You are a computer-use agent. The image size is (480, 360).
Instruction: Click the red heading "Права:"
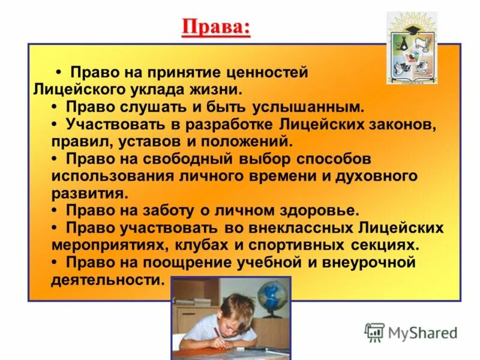coord(215,28)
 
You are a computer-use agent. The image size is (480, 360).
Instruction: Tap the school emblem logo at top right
coord(411,48)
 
